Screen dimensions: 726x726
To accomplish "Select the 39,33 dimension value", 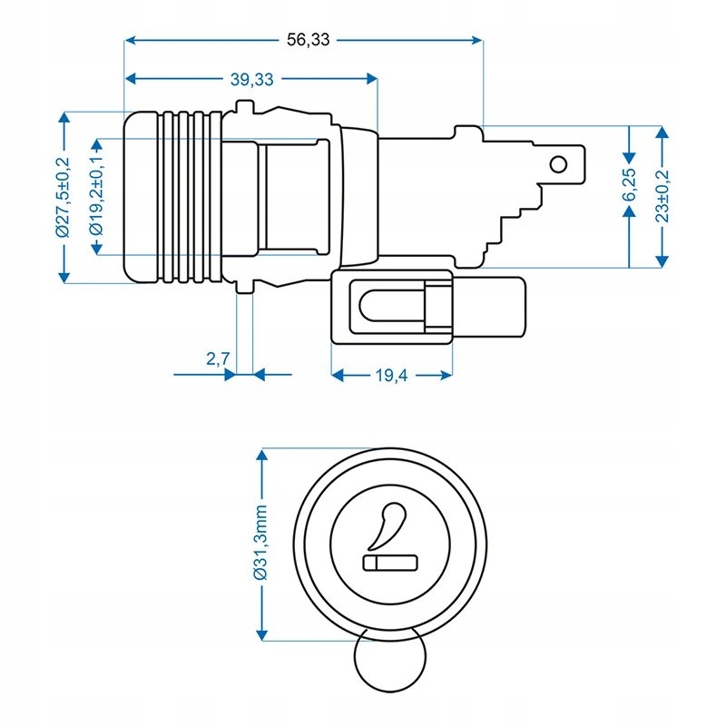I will [251, 79].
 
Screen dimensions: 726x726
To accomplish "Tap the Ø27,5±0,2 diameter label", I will [63, 197].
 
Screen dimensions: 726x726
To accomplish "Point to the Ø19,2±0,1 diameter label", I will [96, 197].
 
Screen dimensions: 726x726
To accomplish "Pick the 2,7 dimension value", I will [217, 359].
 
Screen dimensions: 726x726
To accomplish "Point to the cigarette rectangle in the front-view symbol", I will [390, 564].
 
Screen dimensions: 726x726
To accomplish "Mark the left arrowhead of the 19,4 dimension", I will [336, 373].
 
